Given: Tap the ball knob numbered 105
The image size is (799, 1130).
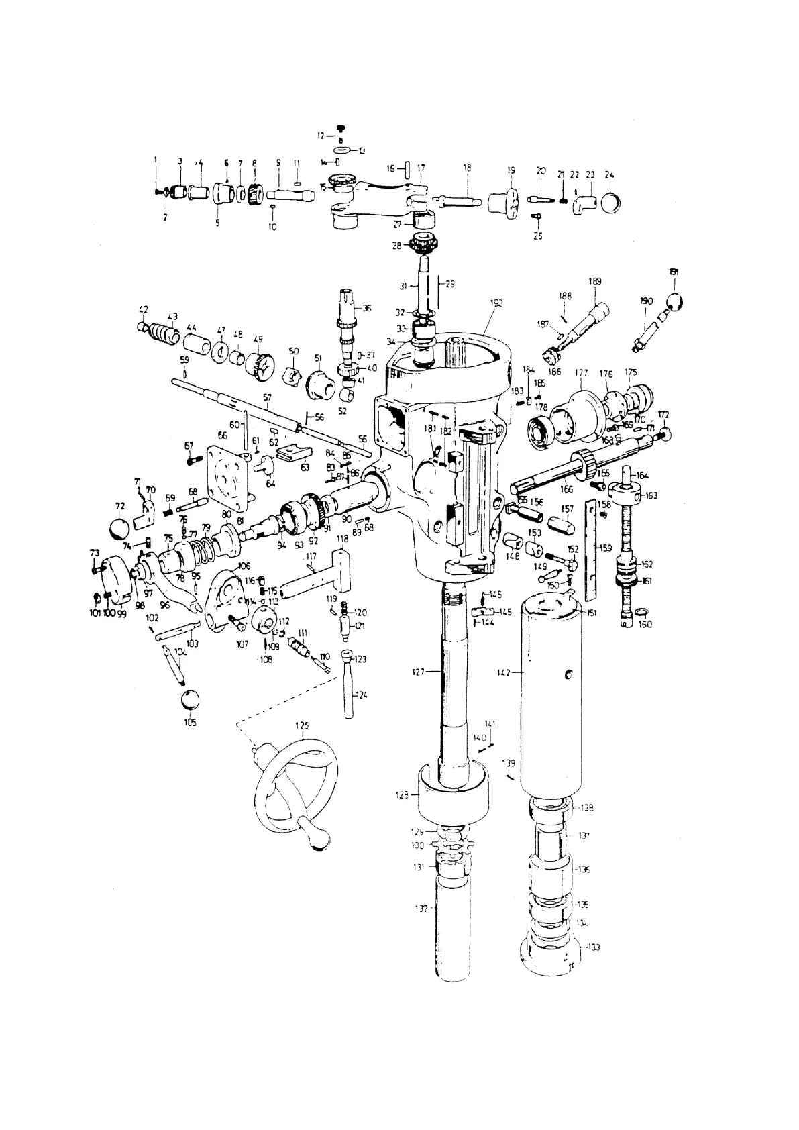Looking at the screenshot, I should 190,699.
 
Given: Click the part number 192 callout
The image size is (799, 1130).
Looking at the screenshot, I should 496,303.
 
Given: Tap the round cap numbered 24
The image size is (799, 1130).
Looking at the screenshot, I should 610,202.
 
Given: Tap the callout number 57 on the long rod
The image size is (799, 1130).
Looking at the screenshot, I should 267,398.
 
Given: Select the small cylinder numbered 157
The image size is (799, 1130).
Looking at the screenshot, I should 560,525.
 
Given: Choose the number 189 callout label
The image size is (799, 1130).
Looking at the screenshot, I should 594,280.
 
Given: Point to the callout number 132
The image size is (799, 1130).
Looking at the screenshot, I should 421,908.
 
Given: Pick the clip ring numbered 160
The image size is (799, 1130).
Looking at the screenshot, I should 641,612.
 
